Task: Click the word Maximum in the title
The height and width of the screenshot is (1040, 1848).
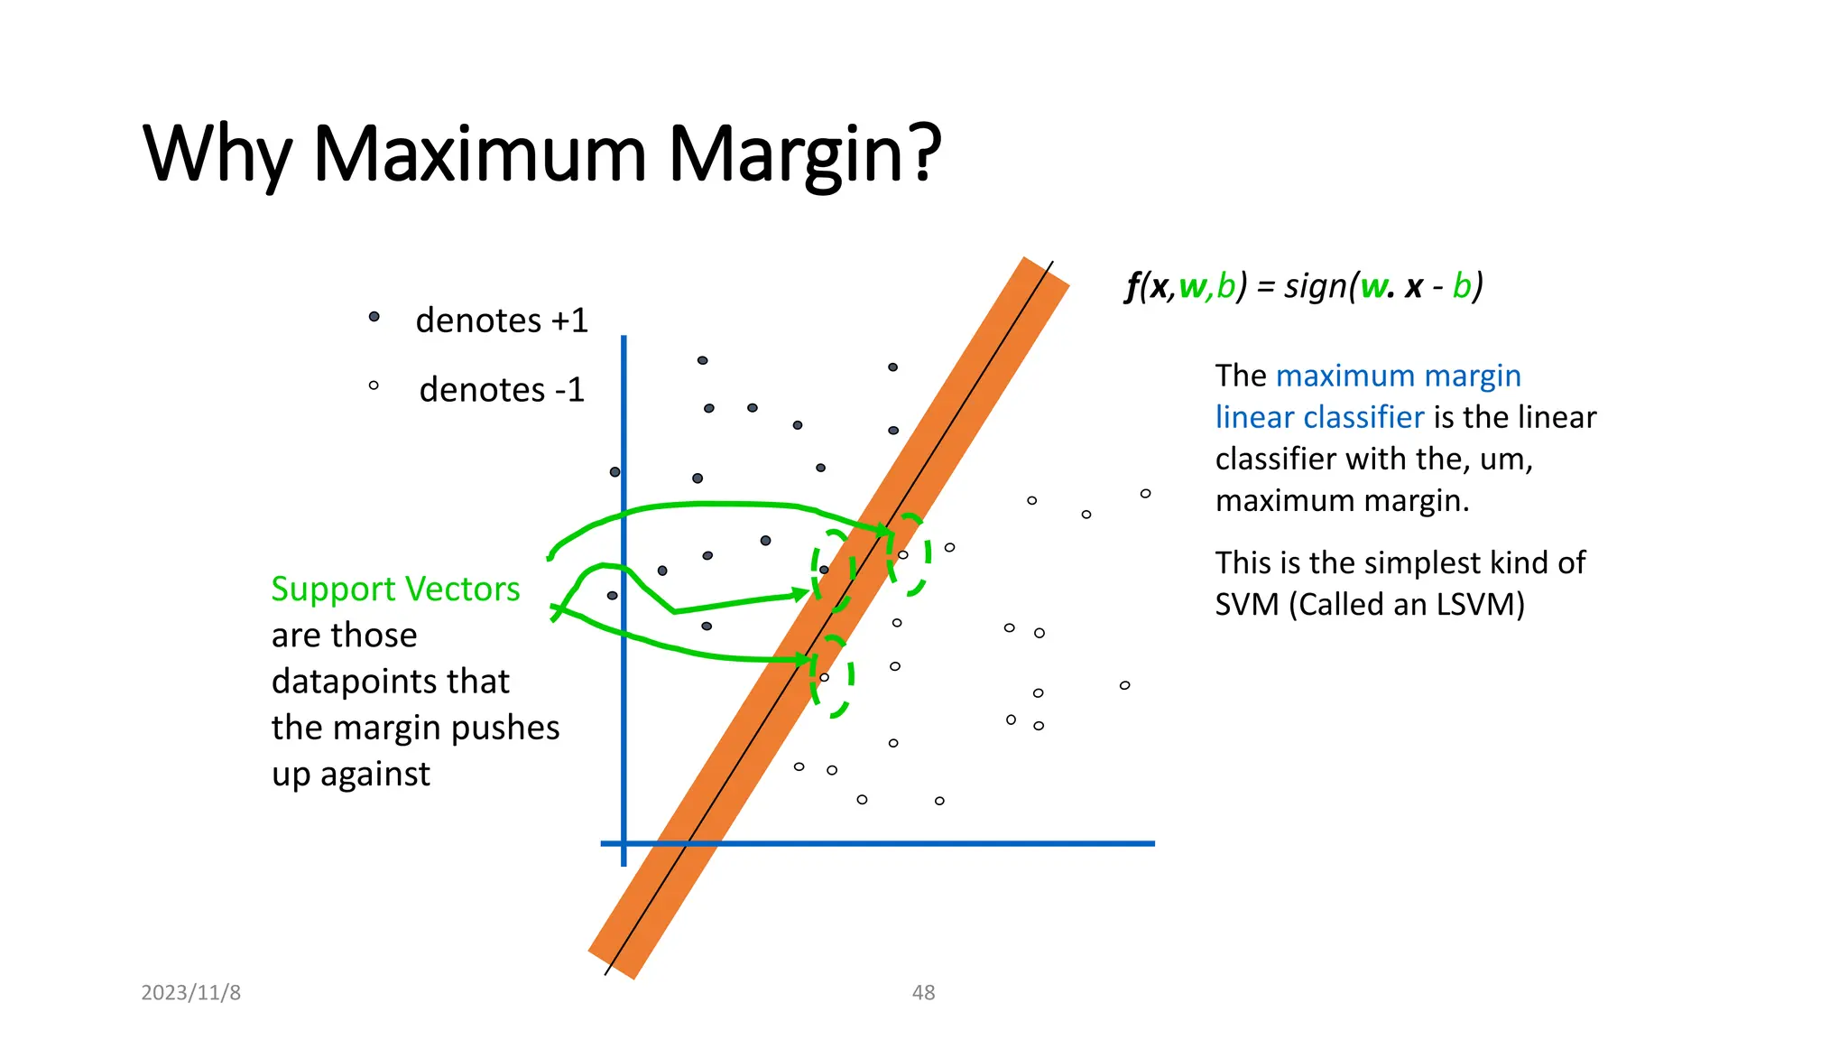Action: pyautogui.click(x=479, y=153)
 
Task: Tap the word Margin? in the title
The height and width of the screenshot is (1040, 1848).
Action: pyautogui.click(x=804, y=153)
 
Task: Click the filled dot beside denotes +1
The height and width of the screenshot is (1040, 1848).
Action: pyautogui.click(x=374, y=317)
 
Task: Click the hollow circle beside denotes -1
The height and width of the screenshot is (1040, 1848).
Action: pyautogui.click(x=374, y=385)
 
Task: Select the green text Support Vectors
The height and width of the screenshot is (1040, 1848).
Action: pyautogui.click(x=395, y=589)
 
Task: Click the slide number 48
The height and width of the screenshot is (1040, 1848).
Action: pyautogui.click(x=923, y=992)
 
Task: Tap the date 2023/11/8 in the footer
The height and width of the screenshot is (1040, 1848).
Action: pyautogui.click(x=190, y=992)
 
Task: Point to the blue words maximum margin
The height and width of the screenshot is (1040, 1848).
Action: pyautogui.click(x=1398, y=375)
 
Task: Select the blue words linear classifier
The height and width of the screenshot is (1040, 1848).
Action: pyautogui.click(x=1319, y=416)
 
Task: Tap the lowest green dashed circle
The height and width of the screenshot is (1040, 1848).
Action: pyautogui.click(x=831, y=676)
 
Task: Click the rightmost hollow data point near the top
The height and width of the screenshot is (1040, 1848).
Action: pyautogui.click(x=1145, y=493)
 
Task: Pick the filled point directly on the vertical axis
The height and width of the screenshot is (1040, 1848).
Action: pyautogui.click(x=614, y=472)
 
